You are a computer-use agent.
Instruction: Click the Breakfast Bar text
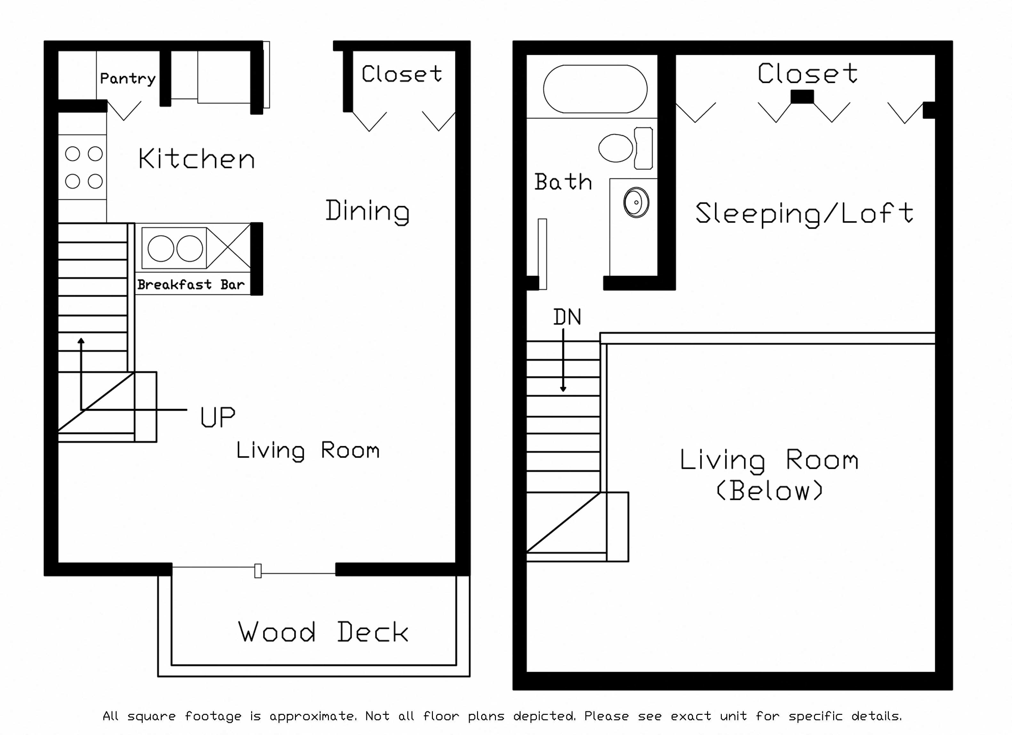click(191, 284)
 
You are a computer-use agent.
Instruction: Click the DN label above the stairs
click(567, 317)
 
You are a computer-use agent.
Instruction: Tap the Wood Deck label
click(323, 632)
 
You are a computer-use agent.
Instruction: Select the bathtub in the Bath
click(595, 89)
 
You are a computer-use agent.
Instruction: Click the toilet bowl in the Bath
click(615, 148)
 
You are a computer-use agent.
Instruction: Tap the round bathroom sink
click(636, 202)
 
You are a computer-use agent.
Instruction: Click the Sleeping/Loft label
click(804, 214)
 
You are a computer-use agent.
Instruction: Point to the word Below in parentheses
click(769, 491)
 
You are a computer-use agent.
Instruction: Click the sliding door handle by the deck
click(258, 571)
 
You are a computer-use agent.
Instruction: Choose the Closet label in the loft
click(807, 74)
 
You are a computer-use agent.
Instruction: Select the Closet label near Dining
click(402, 74)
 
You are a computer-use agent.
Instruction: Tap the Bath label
click(563, 182)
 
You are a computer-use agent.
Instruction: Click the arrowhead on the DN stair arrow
click(563, 389)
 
